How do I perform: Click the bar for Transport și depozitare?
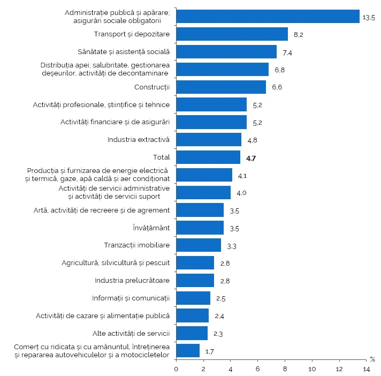point(232,34)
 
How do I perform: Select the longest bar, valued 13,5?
point(268,17)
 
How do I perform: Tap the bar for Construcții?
point(221,87)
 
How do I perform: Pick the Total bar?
point(208,157)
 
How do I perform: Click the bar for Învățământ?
point(200,228)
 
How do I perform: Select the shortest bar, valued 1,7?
point(187,351)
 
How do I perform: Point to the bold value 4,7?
point(252,158)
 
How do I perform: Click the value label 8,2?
point(299,35)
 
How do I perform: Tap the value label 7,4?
point(288,52)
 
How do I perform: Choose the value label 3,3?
point(232,246)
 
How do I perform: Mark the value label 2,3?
point(218,334)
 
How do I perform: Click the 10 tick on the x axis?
point(312,369)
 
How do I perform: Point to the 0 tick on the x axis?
point(176,369)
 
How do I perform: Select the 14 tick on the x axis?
point(367,369)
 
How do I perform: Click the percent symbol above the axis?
point(372,359)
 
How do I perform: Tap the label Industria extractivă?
point(138,139)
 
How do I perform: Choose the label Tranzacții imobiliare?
point(136,245)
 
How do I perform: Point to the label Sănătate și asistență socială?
point(131,52)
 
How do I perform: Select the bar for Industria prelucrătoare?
point(195,280)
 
